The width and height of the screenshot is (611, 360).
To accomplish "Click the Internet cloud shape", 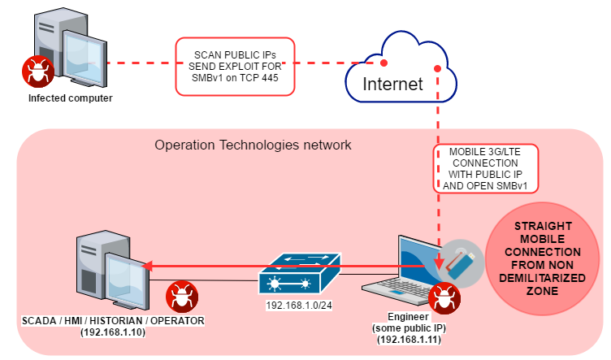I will pyautogui.click(x=392, y=73).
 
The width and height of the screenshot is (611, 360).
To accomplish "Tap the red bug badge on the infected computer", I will pyautogui.click(x=34, y=71).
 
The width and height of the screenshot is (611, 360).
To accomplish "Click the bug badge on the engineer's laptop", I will pyautogui.click(x=444, y=294).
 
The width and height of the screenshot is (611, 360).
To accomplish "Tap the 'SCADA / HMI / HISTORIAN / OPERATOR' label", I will pyautogui.click(x=111, y=321).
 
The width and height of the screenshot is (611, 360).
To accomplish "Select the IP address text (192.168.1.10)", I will pyautogui.click(x=111, y=332).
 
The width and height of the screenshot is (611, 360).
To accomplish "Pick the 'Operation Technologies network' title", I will pyautogui.click(x=253, y=145).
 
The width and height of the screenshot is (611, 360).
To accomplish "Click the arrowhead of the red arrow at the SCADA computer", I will pyautogui.click(x=147, y=264).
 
